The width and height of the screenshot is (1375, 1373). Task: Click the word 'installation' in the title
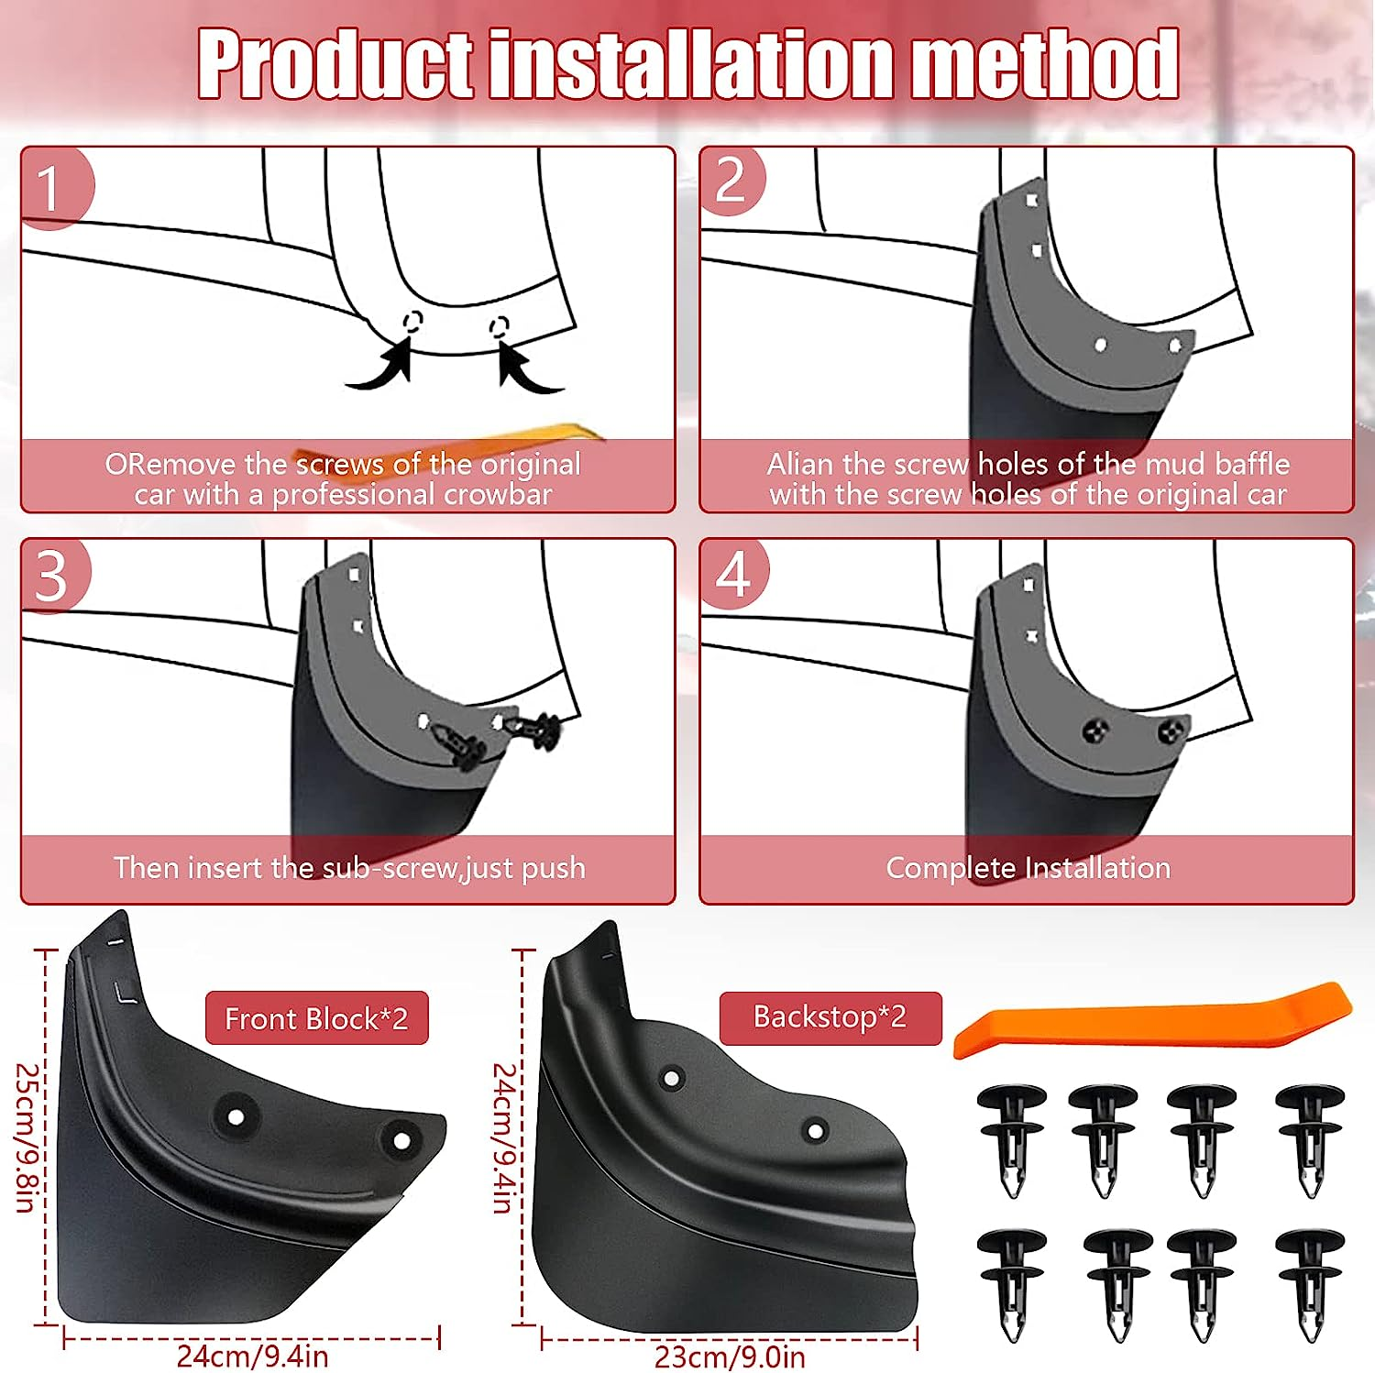point(691,63)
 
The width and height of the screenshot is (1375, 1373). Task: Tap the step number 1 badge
point(50,188)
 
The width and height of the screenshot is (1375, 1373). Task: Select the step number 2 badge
point(731,181)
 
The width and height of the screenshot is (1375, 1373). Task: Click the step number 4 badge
point(733,575)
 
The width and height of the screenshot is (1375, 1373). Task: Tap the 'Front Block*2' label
point(316,1018)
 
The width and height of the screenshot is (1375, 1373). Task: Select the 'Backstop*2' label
point(830,1017)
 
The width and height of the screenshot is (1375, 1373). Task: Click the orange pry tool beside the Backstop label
point(1151,1018)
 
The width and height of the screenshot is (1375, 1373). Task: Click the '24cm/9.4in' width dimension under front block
point(252,1356)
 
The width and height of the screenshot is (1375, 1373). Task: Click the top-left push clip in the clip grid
point(1011,1137)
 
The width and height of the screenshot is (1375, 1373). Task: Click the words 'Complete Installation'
point(1028,868)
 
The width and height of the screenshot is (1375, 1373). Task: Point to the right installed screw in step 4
point(1168,731)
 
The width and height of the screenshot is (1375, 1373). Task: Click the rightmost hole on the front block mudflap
point(401,1141)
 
